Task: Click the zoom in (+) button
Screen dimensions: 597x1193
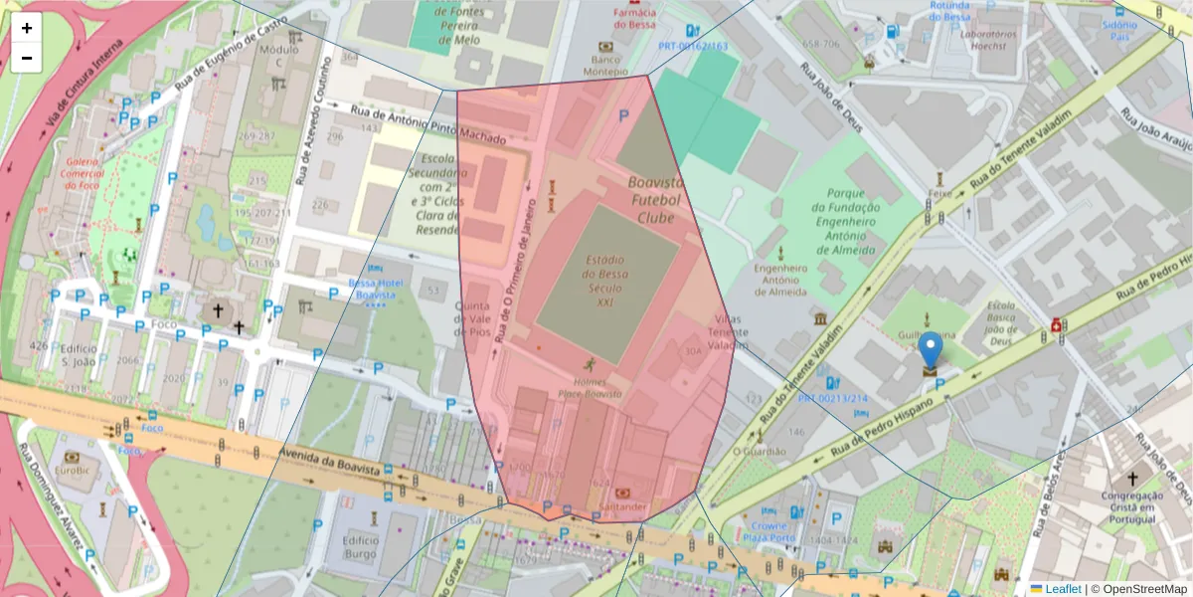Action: click(27, 28)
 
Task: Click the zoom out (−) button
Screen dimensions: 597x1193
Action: click(27, 58)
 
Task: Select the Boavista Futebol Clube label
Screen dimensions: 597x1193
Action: click(655, 199)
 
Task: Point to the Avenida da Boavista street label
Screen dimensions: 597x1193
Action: click(331, 462)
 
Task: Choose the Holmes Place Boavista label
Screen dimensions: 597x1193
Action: click(596, 387)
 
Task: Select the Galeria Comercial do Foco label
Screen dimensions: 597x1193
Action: click(82, 173)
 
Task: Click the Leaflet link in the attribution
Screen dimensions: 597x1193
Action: click(1063, 589)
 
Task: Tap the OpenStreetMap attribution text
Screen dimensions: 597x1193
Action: click(1138, 589)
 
